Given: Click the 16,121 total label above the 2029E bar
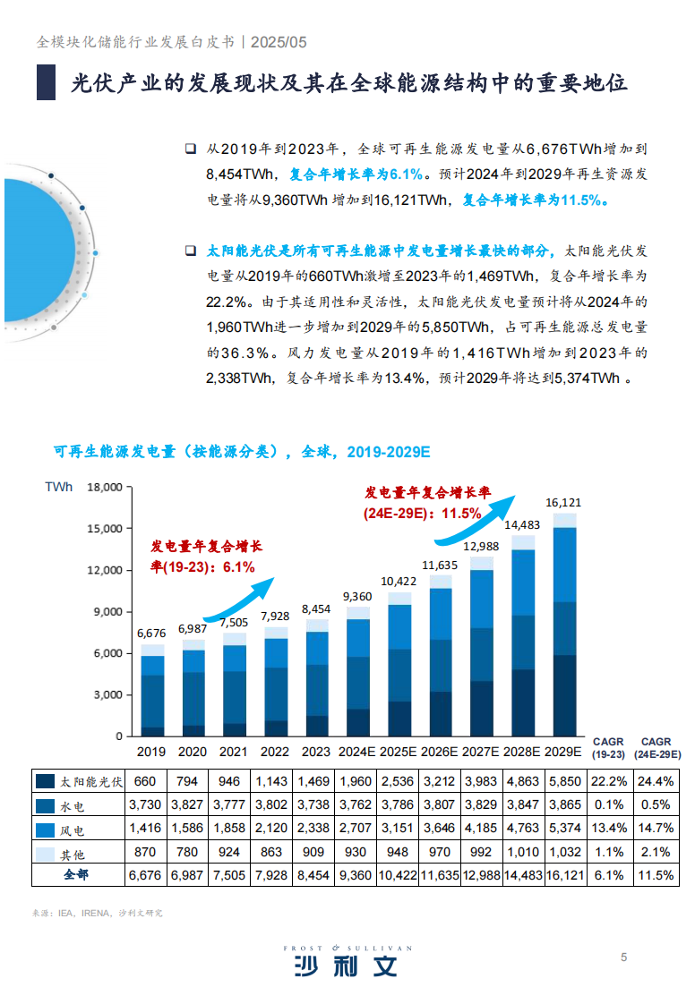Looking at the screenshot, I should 563,503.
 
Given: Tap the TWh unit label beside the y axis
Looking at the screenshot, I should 59,488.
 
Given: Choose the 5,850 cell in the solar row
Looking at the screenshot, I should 563,781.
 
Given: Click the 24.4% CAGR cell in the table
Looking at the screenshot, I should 656,781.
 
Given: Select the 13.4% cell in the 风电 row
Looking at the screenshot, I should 608,828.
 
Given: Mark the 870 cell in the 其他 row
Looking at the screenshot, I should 145,851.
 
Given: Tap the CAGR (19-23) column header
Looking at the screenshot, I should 608,748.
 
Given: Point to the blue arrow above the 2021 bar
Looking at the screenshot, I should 240,600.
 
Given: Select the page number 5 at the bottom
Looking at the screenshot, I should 624,957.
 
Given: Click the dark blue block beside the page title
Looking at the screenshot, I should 46,82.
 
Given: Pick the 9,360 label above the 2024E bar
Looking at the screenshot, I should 357,597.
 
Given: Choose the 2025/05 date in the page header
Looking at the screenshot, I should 279,42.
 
